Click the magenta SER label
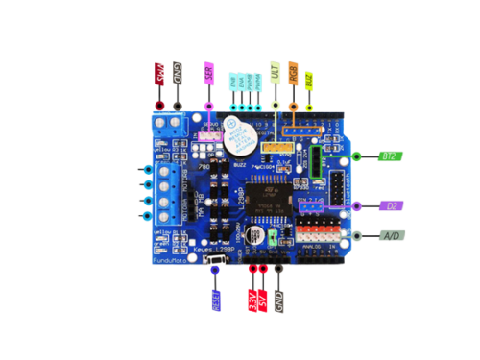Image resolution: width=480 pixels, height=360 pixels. pos(209,74)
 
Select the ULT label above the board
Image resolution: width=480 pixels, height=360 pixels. pos(276,73)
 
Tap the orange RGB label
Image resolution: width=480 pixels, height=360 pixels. pos(293,75)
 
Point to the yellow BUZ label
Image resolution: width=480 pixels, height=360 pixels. pos(308,78)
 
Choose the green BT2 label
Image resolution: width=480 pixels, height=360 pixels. pos(391,155)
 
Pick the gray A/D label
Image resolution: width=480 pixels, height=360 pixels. pos(391,235)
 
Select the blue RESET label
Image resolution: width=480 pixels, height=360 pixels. pos(216,301)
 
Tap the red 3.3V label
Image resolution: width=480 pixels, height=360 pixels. pos(253,301)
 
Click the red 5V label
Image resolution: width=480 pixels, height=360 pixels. pos(264,301)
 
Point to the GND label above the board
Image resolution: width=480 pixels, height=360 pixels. pos(177,75)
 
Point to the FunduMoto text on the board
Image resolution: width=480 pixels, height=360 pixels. pos(168,260)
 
